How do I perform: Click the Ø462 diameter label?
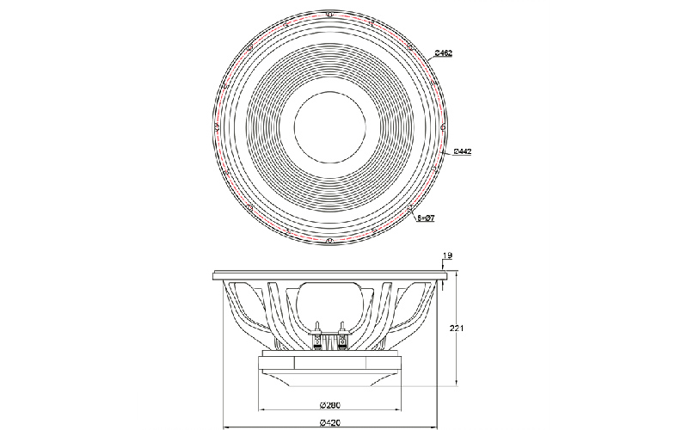444,53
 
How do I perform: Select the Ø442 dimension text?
462,151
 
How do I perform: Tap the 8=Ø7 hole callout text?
426,219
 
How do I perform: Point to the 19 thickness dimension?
447,255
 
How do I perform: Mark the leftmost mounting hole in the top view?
214,127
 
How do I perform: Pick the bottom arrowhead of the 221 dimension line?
455,385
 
